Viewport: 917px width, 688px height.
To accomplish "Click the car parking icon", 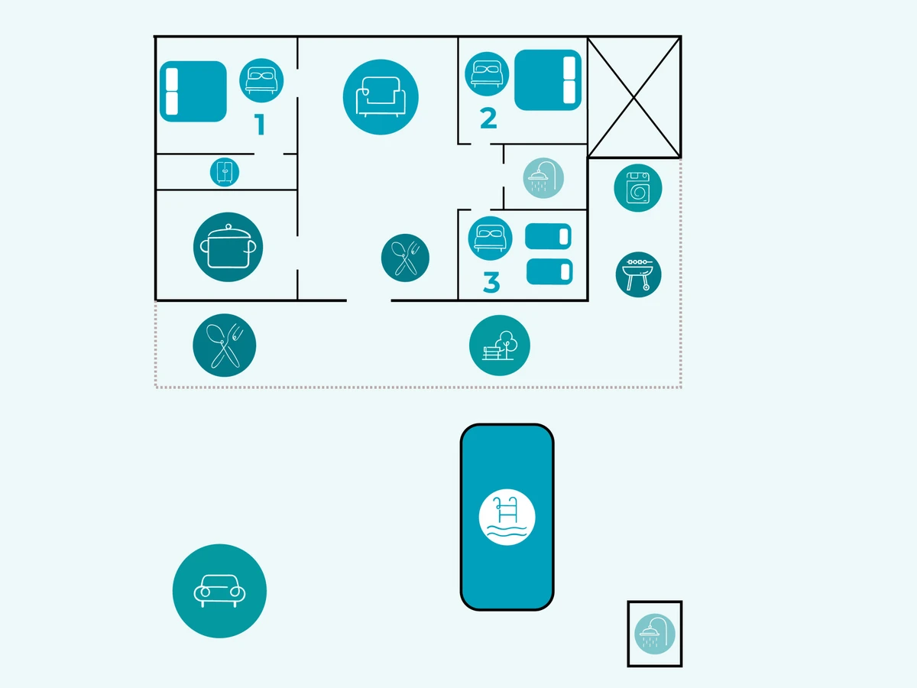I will pos(219,591).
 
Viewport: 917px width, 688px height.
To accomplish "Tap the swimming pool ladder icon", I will pos(507,518).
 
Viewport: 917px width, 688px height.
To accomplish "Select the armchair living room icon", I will pos(381,97).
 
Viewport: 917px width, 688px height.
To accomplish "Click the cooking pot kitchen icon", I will pos(228,247).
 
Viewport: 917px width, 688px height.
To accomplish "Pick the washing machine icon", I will pos(637,188).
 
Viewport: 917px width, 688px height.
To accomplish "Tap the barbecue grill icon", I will pos(638,274).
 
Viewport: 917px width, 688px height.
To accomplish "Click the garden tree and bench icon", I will pos(500,346).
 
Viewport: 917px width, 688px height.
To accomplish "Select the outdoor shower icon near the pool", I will pos(655,634).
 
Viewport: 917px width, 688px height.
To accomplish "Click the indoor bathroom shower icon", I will pos(543,177).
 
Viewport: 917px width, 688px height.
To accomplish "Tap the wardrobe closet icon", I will pos(225,172).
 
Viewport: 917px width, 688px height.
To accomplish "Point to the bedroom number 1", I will pos(260,125).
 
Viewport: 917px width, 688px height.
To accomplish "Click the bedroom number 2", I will pos(488,118).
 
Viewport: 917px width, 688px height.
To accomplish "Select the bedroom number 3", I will pos(491,282).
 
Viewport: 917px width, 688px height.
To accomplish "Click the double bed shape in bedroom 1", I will pos(193,92).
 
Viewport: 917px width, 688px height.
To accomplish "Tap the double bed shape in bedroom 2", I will pos(549,80).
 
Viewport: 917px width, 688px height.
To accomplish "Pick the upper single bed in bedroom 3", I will pos(549,235).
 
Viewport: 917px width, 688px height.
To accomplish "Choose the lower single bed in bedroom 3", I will pos(549,271).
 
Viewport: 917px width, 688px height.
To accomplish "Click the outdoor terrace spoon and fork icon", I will pos(224,345).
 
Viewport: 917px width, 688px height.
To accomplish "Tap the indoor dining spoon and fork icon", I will pos(405,258).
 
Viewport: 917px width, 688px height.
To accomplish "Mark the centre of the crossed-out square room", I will pos(633,97).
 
